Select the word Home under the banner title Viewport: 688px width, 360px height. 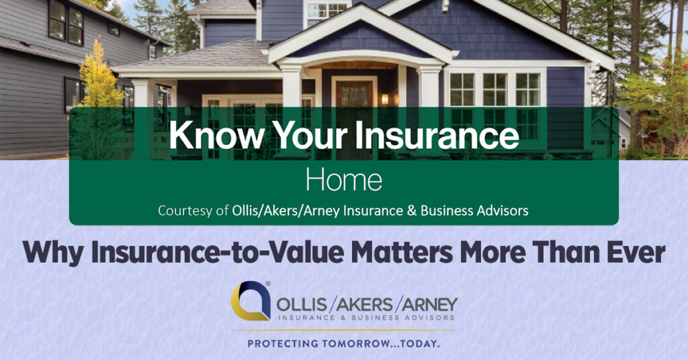coord(343,180)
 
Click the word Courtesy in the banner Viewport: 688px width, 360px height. coord(185,211)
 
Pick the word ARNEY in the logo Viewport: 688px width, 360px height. coord(428,304)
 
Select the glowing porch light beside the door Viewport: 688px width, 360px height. coord(385,99)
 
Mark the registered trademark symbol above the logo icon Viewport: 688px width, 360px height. coord(267,284)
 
